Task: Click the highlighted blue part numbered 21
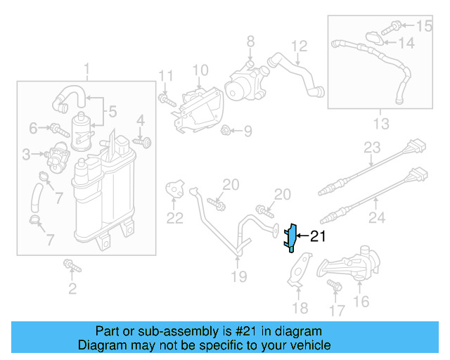pos(290,238)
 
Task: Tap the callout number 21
pos(318,237)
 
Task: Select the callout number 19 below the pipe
pos(239,276)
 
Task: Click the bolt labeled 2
pos(70,266)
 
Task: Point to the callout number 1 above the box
pos(87,70)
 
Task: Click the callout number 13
pos(380,124)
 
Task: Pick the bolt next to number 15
pos(395,27)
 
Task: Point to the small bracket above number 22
pos(174,188)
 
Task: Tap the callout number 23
pos(371,148)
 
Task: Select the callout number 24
pos(377,218)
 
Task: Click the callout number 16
pos(361,302)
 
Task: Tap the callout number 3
pos(26,153)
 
